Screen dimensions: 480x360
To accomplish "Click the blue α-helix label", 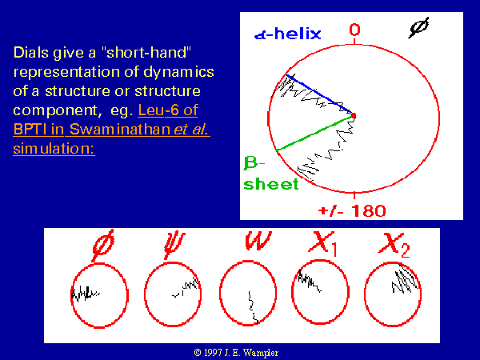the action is coord(288,34).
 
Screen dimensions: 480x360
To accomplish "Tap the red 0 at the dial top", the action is coord(354,30).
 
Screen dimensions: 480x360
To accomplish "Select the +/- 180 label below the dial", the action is coord(352,211).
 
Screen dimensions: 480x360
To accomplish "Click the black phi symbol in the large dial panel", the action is coord(418,27).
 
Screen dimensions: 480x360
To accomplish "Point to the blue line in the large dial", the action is coord(319,94).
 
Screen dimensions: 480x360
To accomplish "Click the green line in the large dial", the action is coord(314,134).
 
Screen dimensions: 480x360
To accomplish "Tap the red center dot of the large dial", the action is coord(354,115).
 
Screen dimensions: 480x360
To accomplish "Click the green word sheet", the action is coord(271,184).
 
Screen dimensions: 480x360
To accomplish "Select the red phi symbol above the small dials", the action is coord(103,245).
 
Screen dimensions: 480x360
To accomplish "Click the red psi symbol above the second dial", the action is coord(174,245).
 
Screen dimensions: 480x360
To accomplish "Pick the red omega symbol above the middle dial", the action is coord(258,240).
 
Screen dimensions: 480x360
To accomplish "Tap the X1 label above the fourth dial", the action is coord(322,244).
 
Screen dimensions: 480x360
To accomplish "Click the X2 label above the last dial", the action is coord(394,246).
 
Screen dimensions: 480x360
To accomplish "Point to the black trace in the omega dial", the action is coord(253,307).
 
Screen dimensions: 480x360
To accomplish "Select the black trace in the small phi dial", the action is coord(85,294).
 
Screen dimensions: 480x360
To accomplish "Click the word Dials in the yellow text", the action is coord(31,53).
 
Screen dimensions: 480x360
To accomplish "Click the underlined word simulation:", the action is coord(54,149).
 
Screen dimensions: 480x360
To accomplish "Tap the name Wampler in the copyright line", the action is coord(261,353).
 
